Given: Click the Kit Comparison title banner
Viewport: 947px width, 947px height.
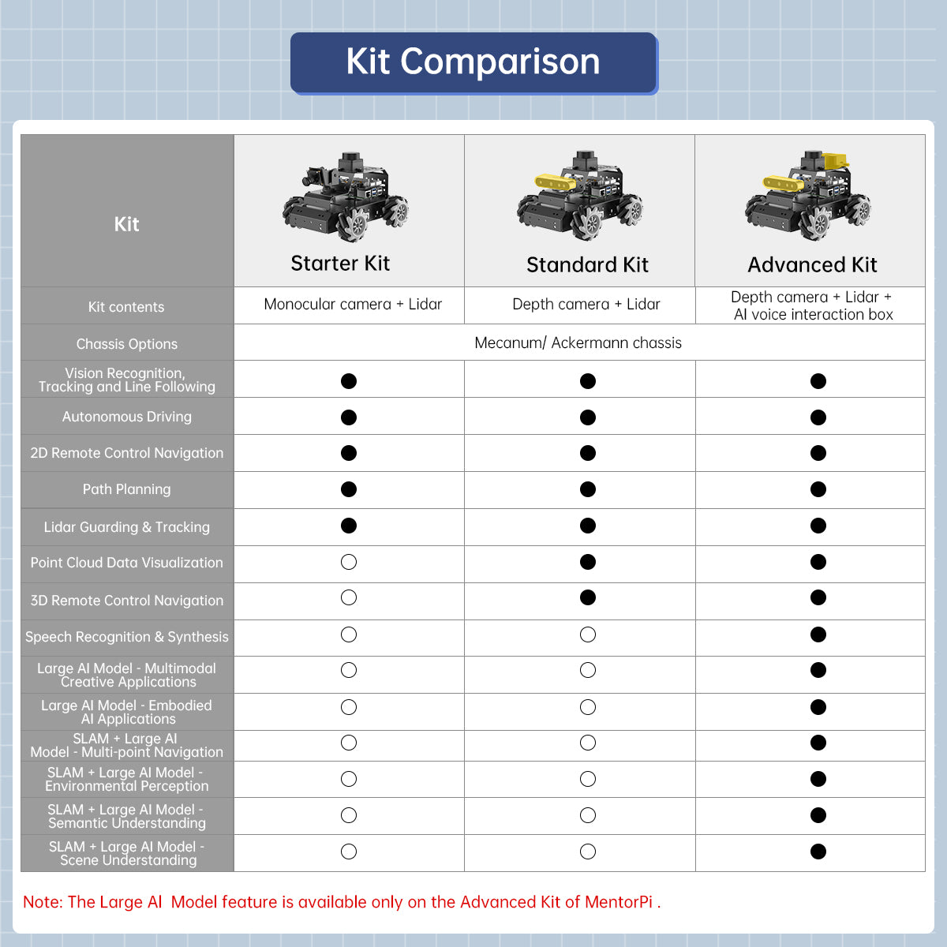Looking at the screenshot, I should click(473, 62).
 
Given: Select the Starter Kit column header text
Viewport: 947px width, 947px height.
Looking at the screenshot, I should click(340, 264).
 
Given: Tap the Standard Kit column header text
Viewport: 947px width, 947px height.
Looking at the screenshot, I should click(587, 265).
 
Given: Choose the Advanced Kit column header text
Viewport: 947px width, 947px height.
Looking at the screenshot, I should click(812, 265).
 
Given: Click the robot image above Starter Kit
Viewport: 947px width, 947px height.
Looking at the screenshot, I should click(346, 197).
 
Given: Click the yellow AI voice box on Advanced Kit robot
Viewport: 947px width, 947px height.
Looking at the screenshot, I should click(836, 160).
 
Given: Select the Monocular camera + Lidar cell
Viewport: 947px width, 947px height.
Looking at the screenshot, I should click(353, 305).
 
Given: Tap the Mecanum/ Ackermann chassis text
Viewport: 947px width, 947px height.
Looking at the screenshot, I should click(578, 343).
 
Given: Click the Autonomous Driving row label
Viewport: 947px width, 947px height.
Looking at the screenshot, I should click(126, 417).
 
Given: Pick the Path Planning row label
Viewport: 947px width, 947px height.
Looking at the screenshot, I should click(126, 489).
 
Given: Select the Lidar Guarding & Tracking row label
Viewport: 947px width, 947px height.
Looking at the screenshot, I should click(126, 527).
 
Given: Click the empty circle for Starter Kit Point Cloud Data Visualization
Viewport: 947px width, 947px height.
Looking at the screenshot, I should click(349, 562).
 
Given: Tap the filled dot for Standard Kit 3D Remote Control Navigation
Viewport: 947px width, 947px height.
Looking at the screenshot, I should click(588, 597).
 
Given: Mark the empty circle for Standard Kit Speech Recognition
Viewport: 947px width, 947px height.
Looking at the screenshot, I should click(588, 634).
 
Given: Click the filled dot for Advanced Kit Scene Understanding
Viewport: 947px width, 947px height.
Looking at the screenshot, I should click(818, 852).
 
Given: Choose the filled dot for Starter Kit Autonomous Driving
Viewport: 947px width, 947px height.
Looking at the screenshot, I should click(349, 417).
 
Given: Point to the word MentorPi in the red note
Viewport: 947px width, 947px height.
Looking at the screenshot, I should click(619, 902).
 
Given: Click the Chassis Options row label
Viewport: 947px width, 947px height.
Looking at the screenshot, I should click(126, 344).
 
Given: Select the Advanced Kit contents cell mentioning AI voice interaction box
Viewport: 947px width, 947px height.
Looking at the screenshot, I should click(812, 306).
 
